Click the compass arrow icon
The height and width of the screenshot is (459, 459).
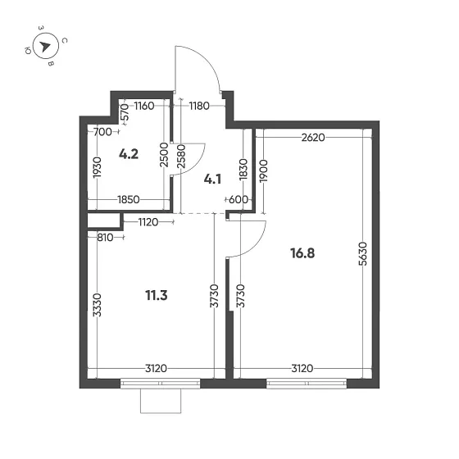tap(46, 46)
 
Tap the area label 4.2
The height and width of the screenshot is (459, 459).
tap(128, 152)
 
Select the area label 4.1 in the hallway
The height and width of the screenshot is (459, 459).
tap(213, 176)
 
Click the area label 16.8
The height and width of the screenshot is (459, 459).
tap(302, 253)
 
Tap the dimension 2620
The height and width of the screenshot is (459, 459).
tap(313, 138)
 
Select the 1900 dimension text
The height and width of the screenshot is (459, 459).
tap(264, 170)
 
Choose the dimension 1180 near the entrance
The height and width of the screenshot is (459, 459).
tap(198, 105)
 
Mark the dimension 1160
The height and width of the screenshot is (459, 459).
tap(145, 105)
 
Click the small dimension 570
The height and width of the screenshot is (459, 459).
tap(125, 111)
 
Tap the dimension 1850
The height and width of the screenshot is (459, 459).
tap(130, 199)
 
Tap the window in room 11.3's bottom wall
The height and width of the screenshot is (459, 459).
tap(161, 382)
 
